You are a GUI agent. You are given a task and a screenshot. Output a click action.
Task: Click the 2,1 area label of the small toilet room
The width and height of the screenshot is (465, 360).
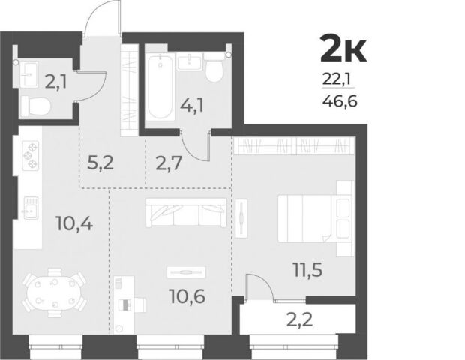(55, 82)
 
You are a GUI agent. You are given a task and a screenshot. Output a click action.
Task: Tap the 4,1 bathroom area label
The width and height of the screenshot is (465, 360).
(192, 106)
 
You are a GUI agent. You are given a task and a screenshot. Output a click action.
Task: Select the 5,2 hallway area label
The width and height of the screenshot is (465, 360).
(100, 163)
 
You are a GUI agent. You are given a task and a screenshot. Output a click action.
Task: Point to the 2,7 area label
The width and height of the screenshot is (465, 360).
(169, 163)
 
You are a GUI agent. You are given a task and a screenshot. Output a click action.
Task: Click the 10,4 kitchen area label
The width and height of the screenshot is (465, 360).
(74, 224)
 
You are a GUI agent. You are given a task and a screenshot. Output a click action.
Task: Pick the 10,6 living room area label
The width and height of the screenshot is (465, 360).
(187, 296)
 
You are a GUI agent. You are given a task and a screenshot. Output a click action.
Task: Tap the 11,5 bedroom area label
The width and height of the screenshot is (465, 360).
(307, 270)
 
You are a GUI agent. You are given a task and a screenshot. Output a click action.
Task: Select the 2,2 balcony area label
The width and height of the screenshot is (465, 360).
(300, 319)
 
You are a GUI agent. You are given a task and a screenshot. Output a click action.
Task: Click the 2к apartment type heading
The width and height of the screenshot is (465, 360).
(343, 49)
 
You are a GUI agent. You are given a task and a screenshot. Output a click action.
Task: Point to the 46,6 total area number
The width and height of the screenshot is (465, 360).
(340, 102)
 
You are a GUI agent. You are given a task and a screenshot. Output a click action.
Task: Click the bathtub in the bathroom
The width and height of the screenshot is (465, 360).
(160, 88)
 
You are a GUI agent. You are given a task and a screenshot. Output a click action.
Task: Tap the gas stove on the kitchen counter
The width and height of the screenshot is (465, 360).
(31, 155)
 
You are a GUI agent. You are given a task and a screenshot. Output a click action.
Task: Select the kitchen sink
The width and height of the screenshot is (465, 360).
(31, 208)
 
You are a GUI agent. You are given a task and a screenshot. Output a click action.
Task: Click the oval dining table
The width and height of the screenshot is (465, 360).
(54, 293)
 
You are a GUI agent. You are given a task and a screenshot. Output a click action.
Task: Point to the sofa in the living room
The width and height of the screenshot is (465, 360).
(186, 212)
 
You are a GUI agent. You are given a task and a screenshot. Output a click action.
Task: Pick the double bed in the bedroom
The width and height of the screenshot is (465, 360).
(316, 218)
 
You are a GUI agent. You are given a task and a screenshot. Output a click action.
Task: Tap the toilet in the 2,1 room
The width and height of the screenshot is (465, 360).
(35, 106)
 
